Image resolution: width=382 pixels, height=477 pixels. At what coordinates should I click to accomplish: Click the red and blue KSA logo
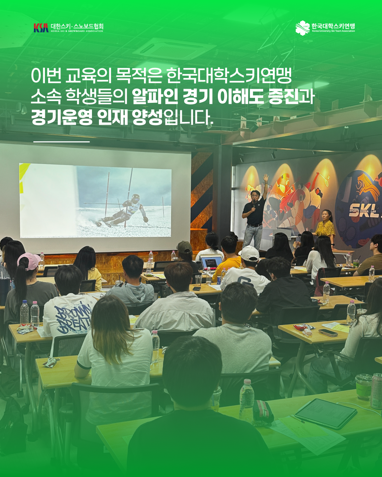click(41, 28)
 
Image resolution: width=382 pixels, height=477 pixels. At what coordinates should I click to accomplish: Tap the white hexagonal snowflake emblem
click(302, 28)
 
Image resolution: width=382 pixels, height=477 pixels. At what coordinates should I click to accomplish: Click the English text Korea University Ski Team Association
click(333, 31)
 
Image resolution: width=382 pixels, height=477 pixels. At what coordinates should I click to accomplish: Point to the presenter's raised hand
click(266, 178)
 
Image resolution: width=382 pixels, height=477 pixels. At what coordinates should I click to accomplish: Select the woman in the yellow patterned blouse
click(325, 229)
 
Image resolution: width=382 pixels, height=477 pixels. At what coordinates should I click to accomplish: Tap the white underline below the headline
click(62, 141)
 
